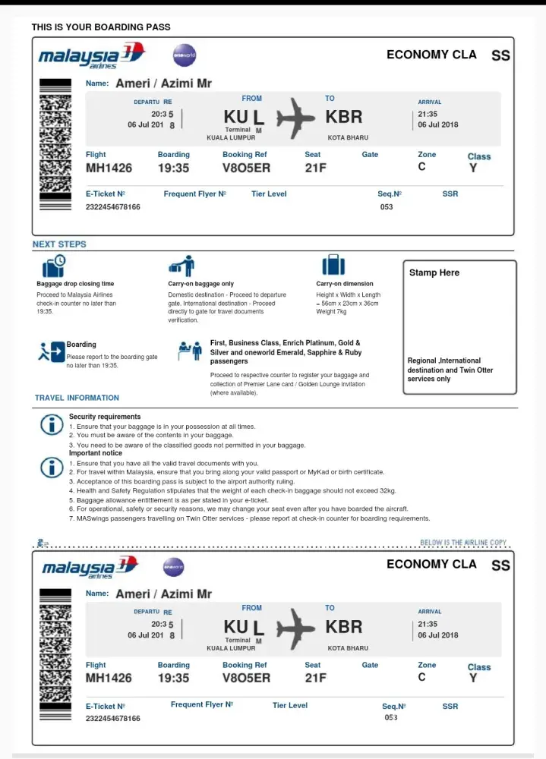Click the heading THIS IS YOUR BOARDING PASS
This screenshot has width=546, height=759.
pyautogui.click(x=101, y=27)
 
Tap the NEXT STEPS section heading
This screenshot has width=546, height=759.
pyautogui.click(x=59, y=244)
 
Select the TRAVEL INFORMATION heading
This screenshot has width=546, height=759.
pyautogui.click(x=77, y=398)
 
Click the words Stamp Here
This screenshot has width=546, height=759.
pyautogui.click(x=434, y=272)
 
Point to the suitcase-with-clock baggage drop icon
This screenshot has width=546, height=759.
pyautogui.click(x=54, y=266)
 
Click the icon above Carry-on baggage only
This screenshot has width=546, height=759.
pyautogui.click(x=182, y=266)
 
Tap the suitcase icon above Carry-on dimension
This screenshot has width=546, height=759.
pyautogui.click(x=333, y=265)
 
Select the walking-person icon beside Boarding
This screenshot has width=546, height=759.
pyautogui.click(x=52, y=351)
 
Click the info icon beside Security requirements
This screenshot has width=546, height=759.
pyautogui.click(x=52, y=424)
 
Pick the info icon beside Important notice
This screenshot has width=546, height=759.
pyautogui.click(x=52, y=466)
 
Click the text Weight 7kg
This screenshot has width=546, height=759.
pyautogui.click(x=332, y=312)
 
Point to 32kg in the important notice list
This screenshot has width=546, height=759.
pyautogui.click(x=386, y=490)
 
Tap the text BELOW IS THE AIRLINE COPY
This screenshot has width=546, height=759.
pyautogui.click(x=463, y=543)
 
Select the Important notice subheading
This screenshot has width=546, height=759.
pyautogui.click(x=96, y=453)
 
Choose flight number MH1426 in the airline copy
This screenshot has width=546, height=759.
pyautogui.click(x=109, y=678)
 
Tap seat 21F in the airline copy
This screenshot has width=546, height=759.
pyautogui.click(x=315, y=678)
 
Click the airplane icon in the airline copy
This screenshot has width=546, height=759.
pyautogui.click(x=295, y=629)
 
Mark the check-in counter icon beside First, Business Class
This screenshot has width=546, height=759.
pyautogui.click(x=189, y=351)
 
